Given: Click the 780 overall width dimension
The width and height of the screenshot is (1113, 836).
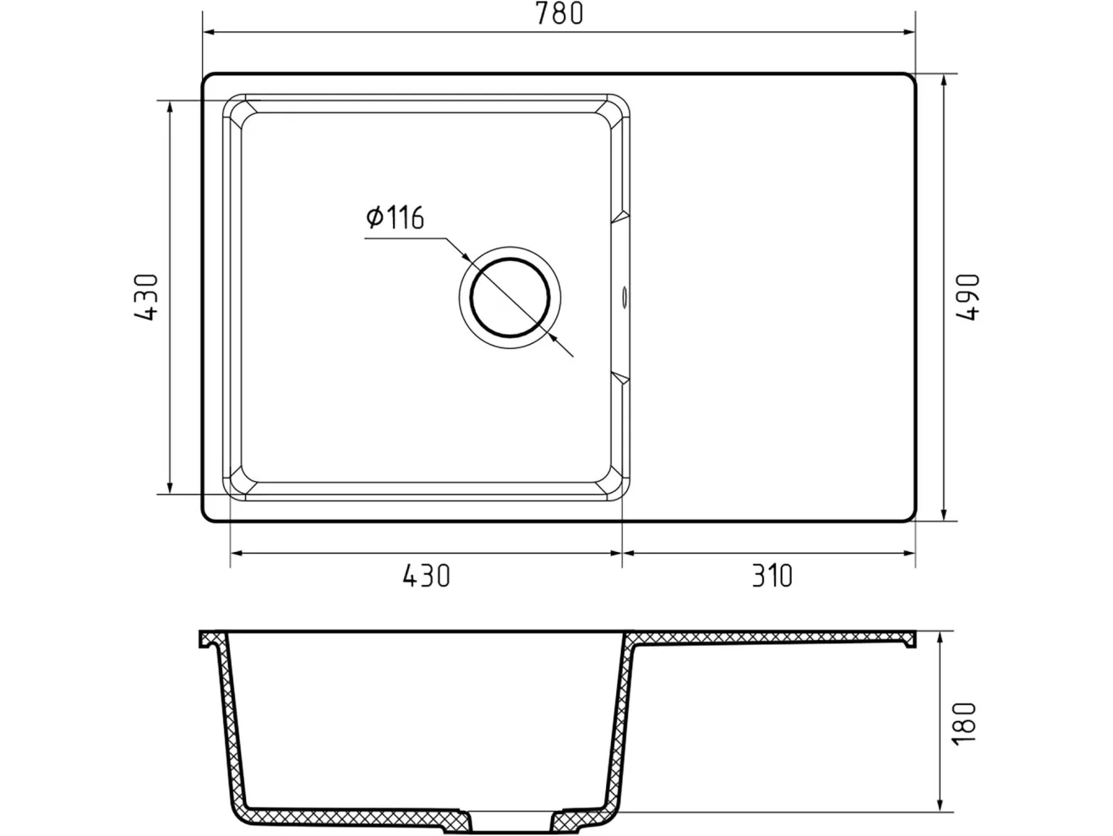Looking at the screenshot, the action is tap(559, 14).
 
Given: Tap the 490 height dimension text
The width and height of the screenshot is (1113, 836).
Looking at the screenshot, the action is tap(967, 297).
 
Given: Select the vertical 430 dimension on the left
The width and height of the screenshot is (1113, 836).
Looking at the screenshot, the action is tap(146, 297).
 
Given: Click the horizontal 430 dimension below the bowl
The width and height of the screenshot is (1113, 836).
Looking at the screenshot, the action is tap(426, 576).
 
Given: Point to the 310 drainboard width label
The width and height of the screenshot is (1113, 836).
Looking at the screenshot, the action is tap(772, 576).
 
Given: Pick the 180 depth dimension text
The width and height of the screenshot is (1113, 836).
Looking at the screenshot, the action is tap(964, 724).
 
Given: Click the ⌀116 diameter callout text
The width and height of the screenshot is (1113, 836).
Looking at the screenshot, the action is tap(395, 217).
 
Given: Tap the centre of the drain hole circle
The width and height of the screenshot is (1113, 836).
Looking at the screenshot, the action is tap(510, 298).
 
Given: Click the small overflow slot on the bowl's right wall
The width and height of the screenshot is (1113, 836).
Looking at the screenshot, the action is tap(625, 297).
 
